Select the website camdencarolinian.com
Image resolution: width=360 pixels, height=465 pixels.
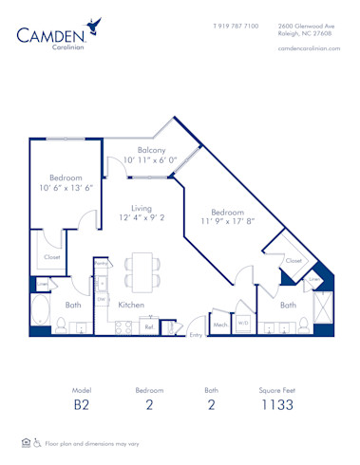coord(309,48)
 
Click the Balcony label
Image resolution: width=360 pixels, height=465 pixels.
coord(152,150)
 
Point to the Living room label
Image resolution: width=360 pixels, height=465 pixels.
coord(142,209)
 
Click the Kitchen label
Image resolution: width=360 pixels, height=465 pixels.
coord(131,305)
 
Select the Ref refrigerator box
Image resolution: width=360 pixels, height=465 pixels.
coord(149,326)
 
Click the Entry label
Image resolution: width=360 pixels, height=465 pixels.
coord(196,334)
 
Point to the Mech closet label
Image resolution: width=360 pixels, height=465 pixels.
coord(220,325)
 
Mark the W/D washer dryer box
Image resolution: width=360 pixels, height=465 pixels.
coord(243,323)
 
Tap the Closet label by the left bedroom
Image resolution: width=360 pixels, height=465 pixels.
coord(52,257)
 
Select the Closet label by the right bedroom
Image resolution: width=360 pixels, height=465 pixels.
coord(294,259)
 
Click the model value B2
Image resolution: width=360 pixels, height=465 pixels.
coord(84,405)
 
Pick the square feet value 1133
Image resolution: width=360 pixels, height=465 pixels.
coord(277,405)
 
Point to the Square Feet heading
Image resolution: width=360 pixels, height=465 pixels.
coord(277,390)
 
